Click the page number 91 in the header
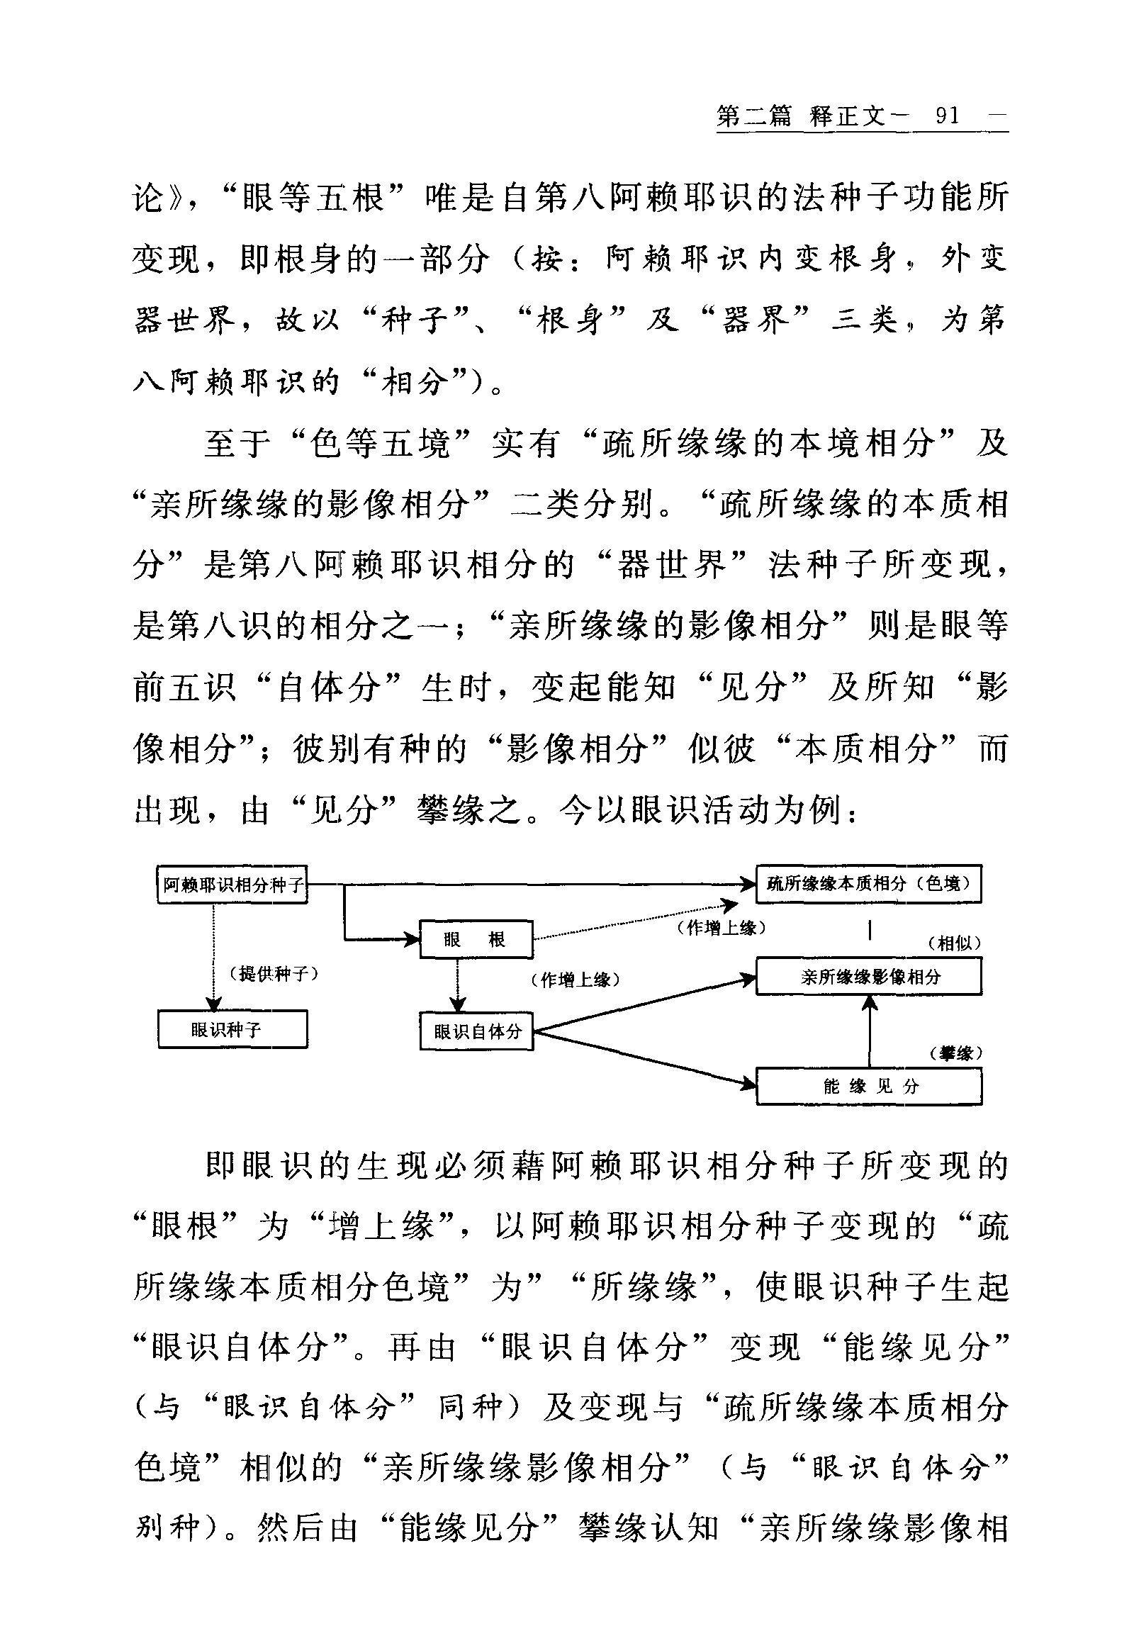947,116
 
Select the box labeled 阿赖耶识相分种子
232,885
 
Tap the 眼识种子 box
232,1030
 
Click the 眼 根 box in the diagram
476,939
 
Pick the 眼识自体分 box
476,1031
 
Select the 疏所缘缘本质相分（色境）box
868,884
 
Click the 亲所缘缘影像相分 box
869,977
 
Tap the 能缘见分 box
869,1086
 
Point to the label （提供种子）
273,974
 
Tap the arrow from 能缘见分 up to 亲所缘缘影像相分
869,1031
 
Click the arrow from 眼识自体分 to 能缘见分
643,1058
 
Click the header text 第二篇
754,116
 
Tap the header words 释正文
847,116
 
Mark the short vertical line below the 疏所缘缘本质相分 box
870,929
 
